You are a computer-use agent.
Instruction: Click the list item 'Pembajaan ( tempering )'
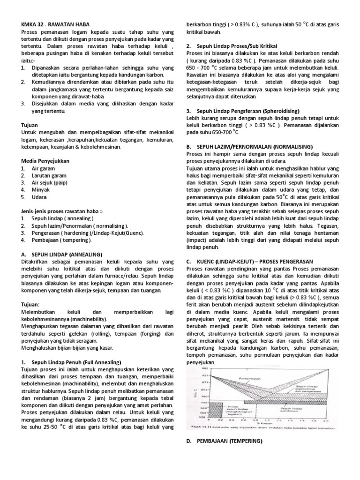coord(61,240)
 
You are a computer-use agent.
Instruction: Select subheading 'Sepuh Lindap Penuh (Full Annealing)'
coord(76,362)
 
